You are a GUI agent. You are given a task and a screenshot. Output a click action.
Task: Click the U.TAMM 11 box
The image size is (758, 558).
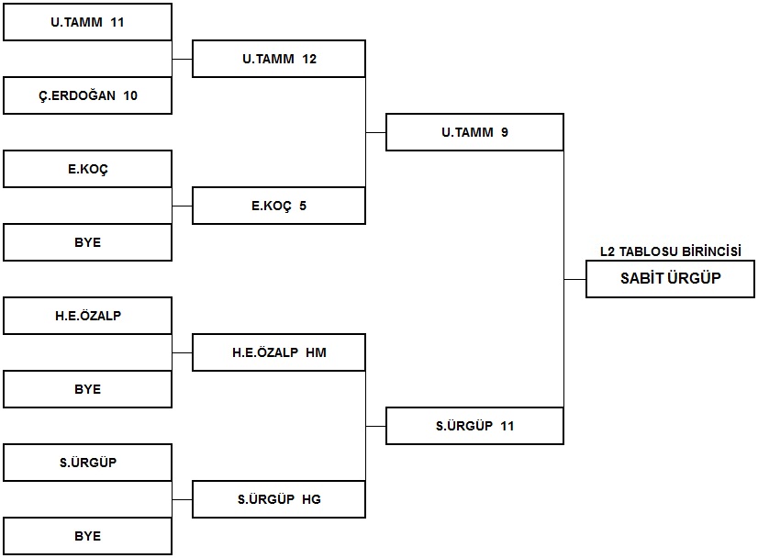point(87,22)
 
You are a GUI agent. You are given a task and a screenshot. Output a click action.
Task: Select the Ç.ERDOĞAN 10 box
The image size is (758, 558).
point(87,95)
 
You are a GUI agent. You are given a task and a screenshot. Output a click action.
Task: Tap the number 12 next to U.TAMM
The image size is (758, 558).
point(309,59)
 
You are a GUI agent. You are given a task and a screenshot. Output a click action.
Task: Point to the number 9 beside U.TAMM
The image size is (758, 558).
point(504,132)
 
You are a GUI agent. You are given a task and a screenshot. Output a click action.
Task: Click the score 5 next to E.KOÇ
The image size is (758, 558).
point(303,206)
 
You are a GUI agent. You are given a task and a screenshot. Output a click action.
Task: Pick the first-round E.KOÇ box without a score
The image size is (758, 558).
point(87,169)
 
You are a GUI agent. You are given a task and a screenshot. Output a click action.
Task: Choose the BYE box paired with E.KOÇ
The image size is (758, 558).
point(87,242)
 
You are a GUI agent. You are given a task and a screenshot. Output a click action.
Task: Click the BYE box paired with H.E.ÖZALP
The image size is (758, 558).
point(87,389)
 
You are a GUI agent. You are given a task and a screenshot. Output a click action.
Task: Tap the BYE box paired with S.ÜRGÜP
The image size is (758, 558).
point(87,536)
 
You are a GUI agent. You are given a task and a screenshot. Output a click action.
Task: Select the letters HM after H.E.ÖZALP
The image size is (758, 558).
point(317,352)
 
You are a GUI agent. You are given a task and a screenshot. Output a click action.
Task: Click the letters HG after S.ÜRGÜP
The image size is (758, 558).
point(312,499)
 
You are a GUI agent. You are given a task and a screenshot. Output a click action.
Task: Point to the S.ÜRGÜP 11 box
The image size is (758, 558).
point(474,426)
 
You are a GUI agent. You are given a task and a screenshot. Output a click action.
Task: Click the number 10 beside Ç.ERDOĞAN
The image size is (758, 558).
point(130,95)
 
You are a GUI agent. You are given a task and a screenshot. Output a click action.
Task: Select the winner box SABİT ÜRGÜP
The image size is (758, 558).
point(670,279)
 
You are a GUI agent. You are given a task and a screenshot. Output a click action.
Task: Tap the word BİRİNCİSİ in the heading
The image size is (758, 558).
point(711,251)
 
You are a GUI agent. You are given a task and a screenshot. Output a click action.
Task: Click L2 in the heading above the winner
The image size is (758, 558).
point(608,251)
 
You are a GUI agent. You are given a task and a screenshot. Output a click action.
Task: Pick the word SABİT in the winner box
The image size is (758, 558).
point(642,278)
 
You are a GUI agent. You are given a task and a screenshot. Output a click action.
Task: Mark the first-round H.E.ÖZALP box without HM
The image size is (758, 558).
point(87,316)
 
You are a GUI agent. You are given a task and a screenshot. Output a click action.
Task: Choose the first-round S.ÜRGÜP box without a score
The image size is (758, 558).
point(87,463)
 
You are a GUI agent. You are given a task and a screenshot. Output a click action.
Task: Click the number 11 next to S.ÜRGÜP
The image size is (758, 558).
point(507,426)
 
